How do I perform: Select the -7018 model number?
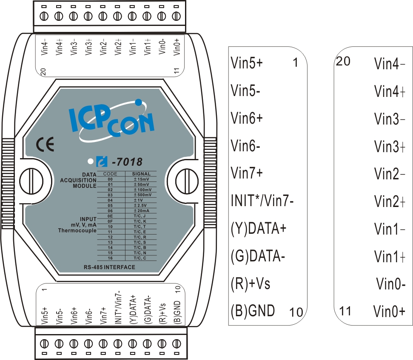[126, 162]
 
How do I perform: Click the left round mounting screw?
[31, 176]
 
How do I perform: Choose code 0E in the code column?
[110, 216]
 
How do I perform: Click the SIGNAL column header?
[141, 173]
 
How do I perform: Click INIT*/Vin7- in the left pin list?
[262, 200]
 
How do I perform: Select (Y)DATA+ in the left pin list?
[258, 228]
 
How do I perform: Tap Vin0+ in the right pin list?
[389, 312]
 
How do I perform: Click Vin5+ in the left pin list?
[247, 64]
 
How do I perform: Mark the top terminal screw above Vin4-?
[43, 17]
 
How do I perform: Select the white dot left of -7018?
[90, 162]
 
